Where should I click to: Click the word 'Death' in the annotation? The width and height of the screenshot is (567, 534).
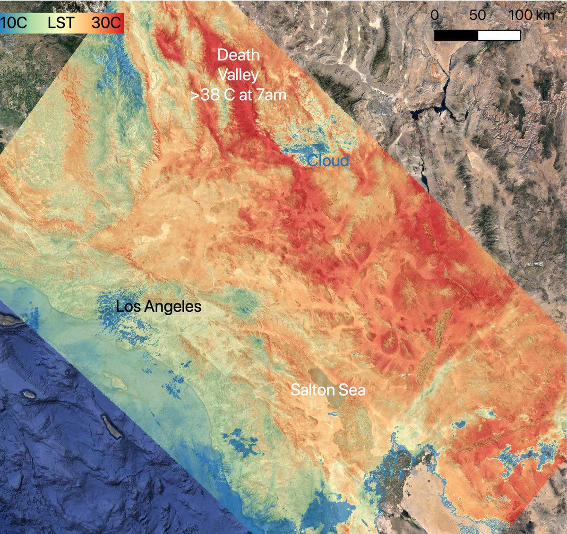[238, 55]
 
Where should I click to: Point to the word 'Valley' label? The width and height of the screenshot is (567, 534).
[238, 75]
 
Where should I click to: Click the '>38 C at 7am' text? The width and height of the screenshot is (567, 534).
[238, 95]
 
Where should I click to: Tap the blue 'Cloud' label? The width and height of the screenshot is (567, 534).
[328, 161]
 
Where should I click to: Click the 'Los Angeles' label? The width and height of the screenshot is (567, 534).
[159, 307]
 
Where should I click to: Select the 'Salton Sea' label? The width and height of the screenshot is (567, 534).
[328, 390]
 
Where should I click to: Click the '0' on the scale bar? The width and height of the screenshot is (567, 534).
[435, 15]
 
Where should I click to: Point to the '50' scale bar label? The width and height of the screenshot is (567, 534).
[477, 15]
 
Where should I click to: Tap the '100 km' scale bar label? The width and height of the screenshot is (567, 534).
[531, 15]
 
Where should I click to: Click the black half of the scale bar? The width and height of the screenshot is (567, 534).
[456, 35]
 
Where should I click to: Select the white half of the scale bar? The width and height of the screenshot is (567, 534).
[499, 35]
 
